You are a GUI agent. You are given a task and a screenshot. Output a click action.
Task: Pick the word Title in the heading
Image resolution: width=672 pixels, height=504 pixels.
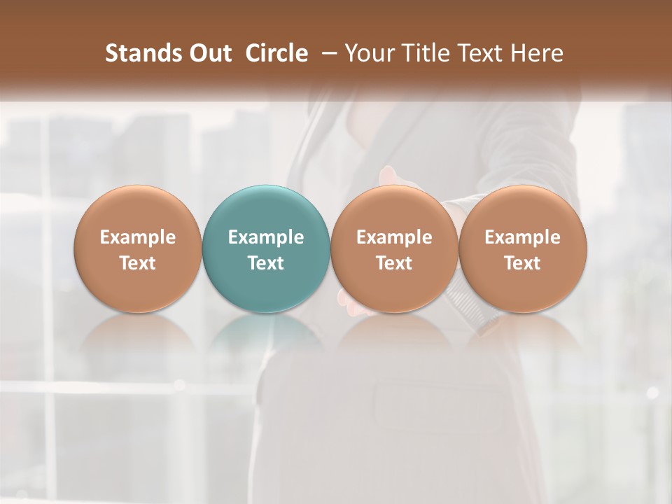421,53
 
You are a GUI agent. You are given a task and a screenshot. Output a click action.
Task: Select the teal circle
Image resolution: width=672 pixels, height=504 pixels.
266,210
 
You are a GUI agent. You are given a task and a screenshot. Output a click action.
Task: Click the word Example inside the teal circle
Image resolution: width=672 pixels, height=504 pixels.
266,237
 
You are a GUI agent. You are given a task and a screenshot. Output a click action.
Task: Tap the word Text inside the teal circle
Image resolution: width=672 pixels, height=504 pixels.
266,263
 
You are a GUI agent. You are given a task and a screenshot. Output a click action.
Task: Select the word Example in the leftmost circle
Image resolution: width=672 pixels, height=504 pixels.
138,237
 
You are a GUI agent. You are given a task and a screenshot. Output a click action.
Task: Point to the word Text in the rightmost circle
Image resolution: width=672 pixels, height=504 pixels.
523,263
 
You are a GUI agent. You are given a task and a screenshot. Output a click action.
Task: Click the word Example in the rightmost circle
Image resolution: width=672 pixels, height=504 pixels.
523,237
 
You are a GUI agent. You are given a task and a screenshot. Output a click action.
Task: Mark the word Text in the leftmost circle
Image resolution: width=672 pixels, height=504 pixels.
138,263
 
